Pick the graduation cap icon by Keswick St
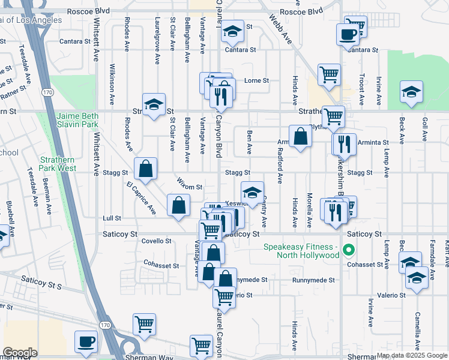coord(252,193)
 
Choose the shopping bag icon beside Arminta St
coord(300,136)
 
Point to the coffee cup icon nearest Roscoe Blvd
coord(348,34)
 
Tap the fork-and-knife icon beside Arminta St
coord(343,143)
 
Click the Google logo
coord(19,353)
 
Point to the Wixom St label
coord(190,187)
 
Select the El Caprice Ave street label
coord(140,199)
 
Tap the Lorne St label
coord(256,80)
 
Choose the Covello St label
coord(156,241)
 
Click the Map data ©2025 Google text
coord(411,355)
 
